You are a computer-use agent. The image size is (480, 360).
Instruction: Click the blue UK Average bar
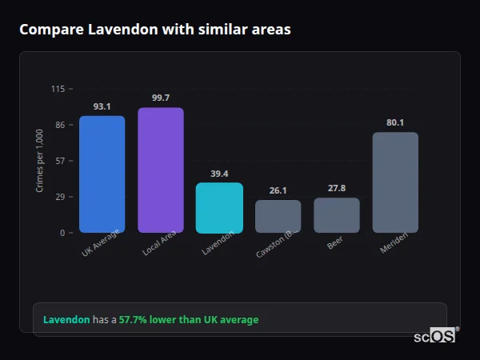pos(102,174)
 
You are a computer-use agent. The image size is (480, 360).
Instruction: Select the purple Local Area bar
pos(160,170)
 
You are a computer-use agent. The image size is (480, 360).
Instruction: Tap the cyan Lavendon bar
pos(219,208)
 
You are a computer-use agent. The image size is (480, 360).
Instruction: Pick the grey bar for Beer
pos(336,215)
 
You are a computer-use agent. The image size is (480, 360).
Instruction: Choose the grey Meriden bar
pos(395,182)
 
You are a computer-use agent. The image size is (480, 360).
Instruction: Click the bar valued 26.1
pos(278,216)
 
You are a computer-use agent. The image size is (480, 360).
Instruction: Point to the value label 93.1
pos(102,106)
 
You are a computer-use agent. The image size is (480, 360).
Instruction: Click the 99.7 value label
pos(160,98)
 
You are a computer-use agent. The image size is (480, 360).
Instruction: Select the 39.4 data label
pos(219,174)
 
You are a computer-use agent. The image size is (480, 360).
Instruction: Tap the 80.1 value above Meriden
pos(395,122)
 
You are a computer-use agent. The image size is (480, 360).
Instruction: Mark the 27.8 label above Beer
pos(336,188)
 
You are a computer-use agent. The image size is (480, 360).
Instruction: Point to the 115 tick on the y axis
pos(58,89)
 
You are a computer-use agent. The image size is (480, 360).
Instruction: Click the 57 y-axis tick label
pos(60,161)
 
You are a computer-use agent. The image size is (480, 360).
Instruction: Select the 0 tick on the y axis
pos(62,233)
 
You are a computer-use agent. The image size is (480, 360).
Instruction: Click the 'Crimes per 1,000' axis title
pos(40,161)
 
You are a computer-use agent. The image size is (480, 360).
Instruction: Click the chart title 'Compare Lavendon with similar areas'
pos(154,30)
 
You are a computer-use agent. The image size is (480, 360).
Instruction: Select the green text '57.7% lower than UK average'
pos(189,320)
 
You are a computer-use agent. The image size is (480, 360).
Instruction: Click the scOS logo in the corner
pos(435,336)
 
